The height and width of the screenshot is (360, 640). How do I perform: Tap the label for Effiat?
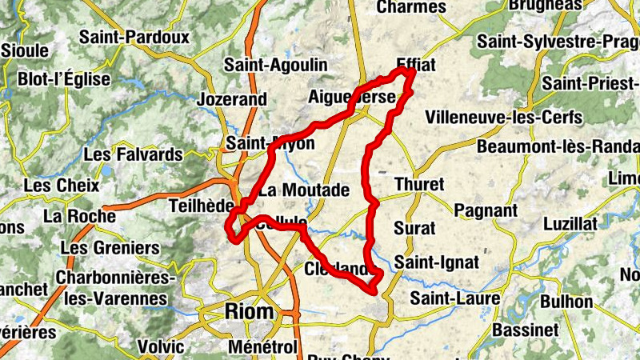click(416, 66)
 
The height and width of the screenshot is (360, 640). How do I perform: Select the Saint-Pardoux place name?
click(134, 37)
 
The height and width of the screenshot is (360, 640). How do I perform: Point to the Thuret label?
click(418, 184)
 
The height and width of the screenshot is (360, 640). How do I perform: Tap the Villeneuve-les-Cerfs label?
click(504, 118)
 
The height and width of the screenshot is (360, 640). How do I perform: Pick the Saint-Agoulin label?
click(275, 65)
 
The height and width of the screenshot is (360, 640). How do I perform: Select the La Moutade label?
click(304, 190)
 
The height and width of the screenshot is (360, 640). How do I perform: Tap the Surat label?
click(415, 228)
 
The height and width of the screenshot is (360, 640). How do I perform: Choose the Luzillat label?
click(570, 224)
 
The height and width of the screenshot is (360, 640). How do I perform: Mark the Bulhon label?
click(566, 302)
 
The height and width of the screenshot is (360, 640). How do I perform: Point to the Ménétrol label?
click(262, 347)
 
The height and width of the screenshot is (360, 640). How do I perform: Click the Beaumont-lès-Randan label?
click(558, 147)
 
